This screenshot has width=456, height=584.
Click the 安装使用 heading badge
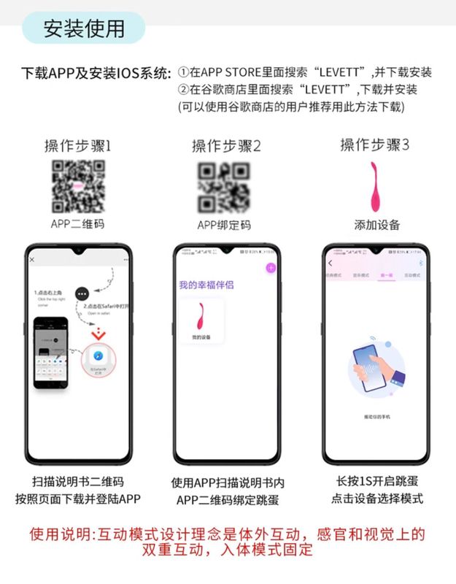[83, 28]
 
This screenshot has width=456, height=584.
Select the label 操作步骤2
[226, 146]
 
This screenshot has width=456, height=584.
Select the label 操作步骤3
[374, 145]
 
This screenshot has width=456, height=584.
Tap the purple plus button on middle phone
[270, 268]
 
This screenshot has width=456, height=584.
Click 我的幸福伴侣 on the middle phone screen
[206, 285]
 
